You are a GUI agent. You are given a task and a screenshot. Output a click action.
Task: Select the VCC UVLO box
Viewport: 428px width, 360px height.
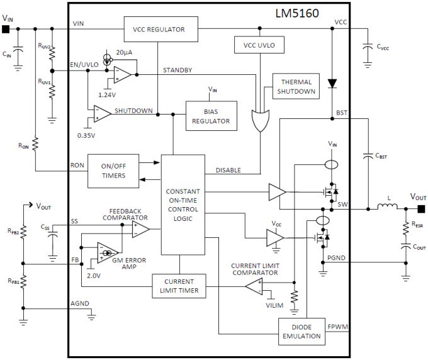point(259,45)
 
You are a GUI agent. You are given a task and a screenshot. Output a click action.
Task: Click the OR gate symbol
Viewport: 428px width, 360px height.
point(259,118)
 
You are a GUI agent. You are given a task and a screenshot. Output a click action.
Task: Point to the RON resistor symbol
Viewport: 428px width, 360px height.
point(35,144)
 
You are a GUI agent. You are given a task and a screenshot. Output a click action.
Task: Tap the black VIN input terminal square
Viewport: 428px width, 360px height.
point(6,29)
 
